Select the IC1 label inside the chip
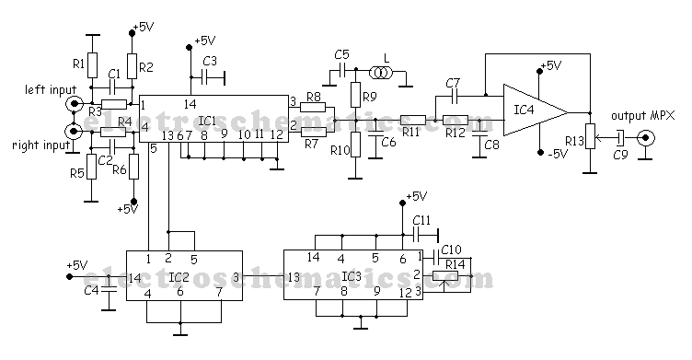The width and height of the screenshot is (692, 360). pos(207,120)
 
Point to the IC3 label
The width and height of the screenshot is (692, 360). pos(352,275)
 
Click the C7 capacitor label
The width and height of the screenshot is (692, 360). pos(451,83)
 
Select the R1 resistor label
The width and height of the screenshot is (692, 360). pos(79,64)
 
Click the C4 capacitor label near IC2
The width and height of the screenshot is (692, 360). pos(90,291)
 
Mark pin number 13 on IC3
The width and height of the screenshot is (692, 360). pos(294,276)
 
